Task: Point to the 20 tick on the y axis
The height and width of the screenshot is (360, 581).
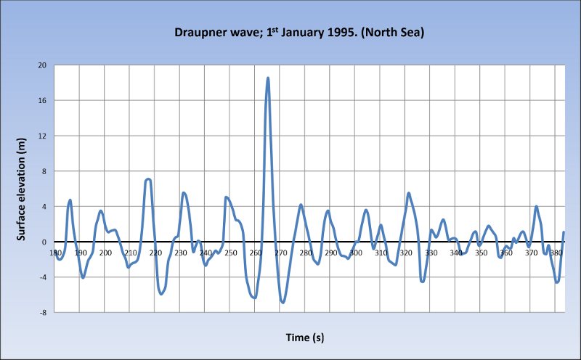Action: [42, 65]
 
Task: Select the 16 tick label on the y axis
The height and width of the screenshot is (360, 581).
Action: [42, 101]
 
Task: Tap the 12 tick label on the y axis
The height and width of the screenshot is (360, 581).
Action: [42, 136]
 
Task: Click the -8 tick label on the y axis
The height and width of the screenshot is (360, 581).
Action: [43, 312]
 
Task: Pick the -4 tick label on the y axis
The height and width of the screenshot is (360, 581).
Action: [43, 277]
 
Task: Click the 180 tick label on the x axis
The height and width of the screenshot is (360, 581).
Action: [55, 253]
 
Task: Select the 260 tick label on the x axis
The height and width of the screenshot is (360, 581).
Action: [256, 253]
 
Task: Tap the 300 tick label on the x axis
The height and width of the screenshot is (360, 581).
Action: [356, 253]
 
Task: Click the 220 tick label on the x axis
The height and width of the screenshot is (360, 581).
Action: [155, 253]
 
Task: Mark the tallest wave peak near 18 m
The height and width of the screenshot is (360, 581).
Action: [268, 78]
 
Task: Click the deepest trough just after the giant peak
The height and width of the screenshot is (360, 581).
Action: [283, 302]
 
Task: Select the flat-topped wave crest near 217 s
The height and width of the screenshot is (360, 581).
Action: [148, 179]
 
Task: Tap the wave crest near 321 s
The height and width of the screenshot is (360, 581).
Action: [409, 193]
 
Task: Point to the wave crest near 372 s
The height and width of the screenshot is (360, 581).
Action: [537, 207]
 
